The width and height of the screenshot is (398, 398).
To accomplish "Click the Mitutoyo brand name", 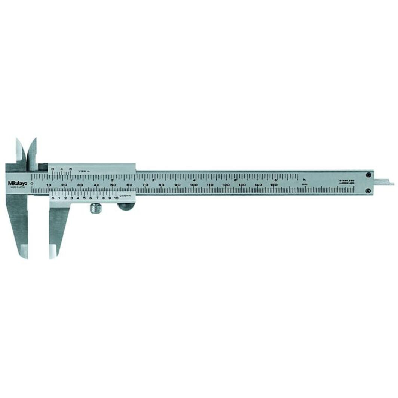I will [x=18, y=183].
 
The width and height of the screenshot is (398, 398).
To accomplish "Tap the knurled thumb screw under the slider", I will [x=95, y=208].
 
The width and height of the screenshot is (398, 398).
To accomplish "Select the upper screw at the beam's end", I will [x=368, y=175].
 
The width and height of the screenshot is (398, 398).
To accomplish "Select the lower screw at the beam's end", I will [x=368, y=191].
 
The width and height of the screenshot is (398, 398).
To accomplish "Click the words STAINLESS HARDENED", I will [x=346, y=181].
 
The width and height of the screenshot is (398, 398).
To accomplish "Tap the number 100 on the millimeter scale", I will [x=193, y=185].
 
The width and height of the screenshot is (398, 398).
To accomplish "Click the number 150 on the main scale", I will [x=274, y=185].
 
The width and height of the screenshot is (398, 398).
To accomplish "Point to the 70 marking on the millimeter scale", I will [x=145, y=185].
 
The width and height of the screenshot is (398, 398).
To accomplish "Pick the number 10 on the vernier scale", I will [x=116, y=198].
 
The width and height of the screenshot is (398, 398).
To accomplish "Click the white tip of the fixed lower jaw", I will [x=24, y=251].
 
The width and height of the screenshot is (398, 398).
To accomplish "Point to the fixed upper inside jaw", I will [x=20, y=150].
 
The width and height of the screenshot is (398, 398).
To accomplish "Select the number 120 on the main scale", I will [x=226, y=185].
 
